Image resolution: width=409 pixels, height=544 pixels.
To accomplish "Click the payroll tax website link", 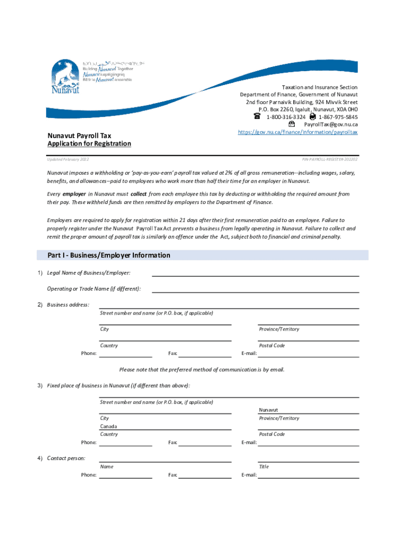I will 297,132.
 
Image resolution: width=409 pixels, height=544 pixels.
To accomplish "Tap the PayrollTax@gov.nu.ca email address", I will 330,124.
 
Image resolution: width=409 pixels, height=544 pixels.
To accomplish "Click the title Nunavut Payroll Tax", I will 79,136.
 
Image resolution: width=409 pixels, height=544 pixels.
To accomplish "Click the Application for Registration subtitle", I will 89,144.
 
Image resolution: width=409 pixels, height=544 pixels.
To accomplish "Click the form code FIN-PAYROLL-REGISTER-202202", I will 330,159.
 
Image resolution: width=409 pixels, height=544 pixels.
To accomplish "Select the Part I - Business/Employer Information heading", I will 109,256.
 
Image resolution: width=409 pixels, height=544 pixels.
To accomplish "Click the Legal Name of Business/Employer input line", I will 255,273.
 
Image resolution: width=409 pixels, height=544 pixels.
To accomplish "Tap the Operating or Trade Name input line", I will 255,288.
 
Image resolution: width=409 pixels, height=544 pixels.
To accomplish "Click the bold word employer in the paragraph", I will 74,194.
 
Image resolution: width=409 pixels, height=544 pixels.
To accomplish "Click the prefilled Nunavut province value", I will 268,410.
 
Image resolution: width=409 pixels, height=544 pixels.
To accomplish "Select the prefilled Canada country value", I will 108,426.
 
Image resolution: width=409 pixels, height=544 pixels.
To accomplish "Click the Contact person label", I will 66,458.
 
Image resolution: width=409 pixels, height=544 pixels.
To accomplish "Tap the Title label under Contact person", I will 263,466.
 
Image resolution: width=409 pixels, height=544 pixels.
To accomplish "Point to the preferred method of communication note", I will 202,370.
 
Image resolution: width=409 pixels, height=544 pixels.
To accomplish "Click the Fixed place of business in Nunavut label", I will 118,386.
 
